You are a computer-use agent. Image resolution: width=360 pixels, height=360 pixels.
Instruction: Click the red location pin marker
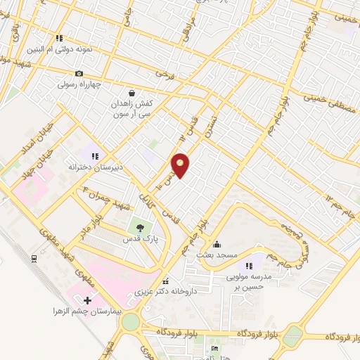181,165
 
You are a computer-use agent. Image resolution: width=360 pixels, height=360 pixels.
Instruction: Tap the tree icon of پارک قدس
139,227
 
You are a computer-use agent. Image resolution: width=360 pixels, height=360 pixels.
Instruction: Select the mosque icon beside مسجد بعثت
216,244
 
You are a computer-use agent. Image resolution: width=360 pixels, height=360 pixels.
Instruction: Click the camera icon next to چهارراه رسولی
79,73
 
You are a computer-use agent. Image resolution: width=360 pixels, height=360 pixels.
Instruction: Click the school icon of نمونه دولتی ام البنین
60,38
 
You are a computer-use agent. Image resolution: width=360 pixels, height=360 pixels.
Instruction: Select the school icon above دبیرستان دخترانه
95,155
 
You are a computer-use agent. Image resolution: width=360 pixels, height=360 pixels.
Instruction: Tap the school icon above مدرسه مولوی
249,265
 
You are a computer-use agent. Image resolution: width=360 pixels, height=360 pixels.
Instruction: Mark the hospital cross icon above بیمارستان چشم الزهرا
87,300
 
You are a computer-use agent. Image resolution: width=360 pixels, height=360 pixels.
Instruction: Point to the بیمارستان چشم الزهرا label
82,311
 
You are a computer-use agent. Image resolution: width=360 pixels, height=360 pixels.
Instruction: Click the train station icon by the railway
34,259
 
